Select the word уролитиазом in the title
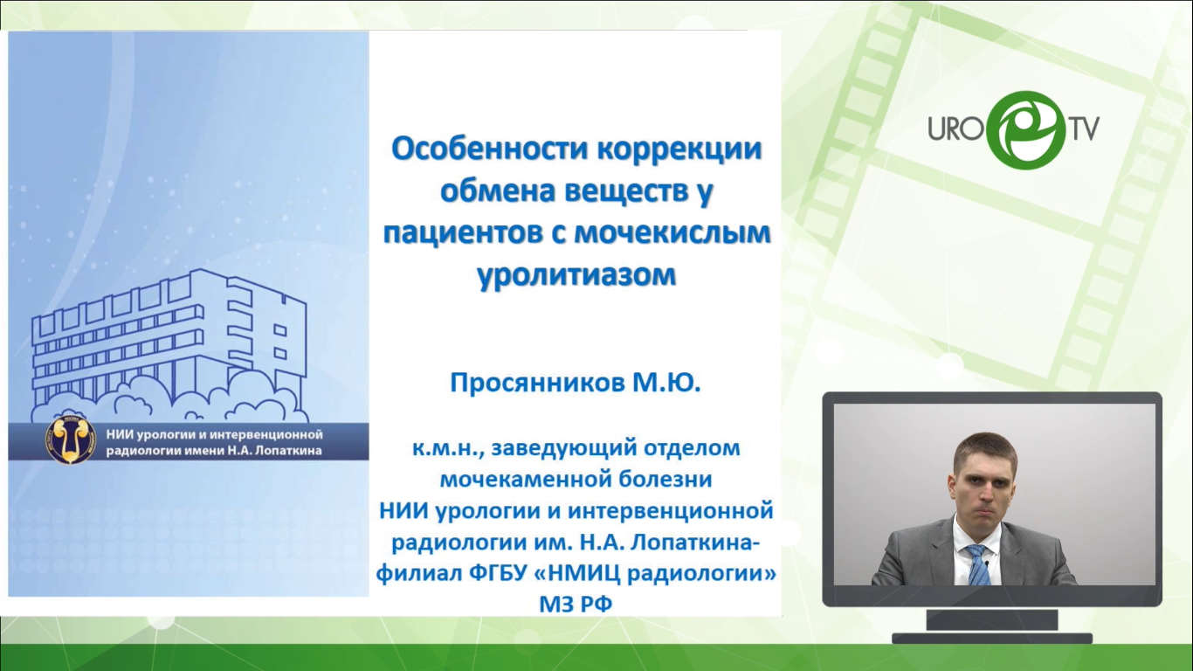point(576,275)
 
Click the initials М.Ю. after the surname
point(666,382)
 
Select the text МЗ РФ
point(576,605)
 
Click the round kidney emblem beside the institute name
point(71,440)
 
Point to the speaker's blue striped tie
point(978,564)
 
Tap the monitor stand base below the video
point(991,638)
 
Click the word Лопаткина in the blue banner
point(288,451)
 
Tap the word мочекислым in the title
point(673,233)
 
